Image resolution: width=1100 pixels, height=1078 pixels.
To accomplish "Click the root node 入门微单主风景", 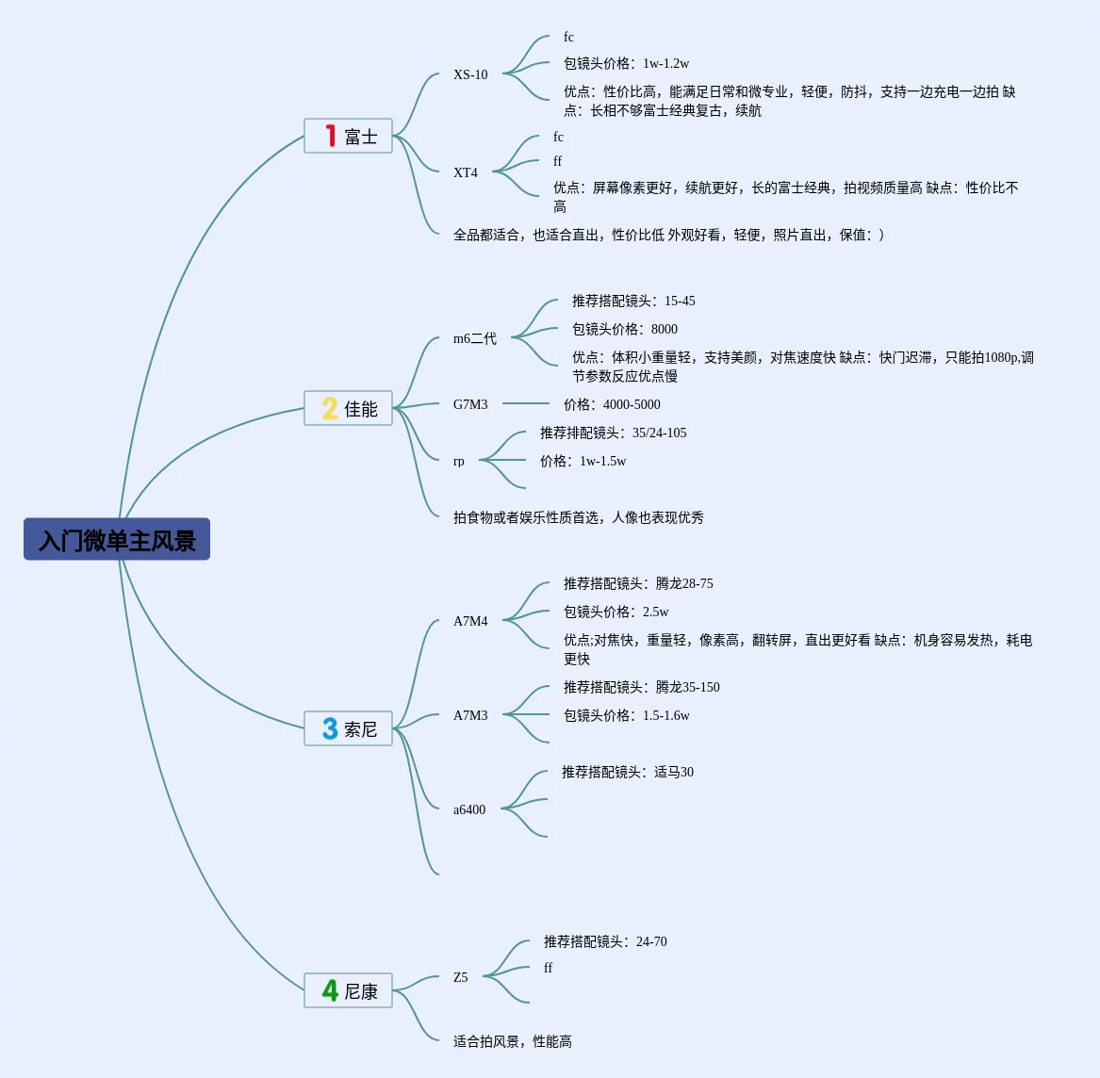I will [x=117, y=540].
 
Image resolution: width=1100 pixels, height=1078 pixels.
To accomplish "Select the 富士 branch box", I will [x=349, y=137].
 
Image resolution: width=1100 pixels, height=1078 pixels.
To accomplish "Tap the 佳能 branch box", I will [x=349, y=409].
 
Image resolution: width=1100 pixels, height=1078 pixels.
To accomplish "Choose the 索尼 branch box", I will [x=349, y=729].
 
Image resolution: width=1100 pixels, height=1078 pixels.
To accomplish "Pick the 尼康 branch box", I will [x=349, y=991].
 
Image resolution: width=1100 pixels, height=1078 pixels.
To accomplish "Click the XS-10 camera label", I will [x=470, y=74].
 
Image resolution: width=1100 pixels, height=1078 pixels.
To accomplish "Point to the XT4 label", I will [x=466, y=172].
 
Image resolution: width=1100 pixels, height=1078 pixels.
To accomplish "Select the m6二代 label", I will [x=475, y=338].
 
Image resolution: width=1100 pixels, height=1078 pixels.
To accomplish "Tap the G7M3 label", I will [x=470, y=404].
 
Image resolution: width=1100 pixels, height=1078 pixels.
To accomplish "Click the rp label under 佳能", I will [x=459, y=461].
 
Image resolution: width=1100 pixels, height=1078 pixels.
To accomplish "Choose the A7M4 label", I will [x=470, y=621].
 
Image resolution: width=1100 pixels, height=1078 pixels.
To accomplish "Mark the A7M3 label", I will [x=470, y=715].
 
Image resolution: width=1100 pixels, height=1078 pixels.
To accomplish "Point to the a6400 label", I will [x=469, y=809].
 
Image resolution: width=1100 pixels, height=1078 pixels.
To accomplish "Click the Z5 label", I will [x=461, y=977].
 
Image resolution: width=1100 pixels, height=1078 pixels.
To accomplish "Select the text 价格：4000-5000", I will [x=612, y=404].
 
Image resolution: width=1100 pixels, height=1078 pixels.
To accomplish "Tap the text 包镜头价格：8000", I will [x=625, y=329].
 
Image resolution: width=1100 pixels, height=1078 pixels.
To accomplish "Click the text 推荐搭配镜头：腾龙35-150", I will [x=642, y=687].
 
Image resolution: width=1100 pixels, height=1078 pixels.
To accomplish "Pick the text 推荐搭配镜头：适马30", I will [x=628, y=772].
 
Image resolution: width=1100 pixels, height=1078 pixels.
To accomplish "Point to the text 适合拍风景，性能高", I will [x=513, y=1041].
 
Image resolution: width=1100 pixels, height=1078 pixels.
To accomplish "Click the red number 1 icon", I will [x=331, y=137].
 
